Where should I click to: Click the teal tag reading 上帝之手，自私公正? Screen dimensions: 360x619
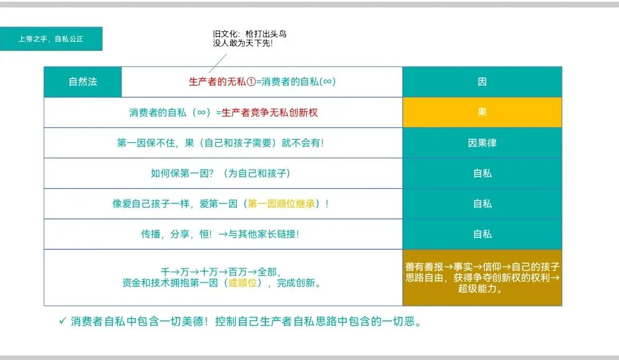[51, 39]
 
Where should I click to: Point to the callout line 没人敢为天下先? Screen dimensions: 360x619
[242, 44]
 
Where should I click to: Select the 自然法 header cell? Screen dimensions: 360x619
[83, 81]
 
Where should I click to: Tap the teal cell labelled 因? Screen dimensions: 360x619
[482, 81]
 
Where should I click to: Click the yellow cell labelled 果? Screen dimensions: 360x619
[482, 112]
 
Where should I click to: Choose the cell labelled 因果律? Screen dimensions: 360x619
[482, 143]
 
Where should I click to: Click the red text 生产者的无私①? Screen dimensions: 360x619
[222, 81]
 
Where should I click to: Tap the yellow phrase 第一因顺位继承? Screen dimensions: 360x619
[281, 204]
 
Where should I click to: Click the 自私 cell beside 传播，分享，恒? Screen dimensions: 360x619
[482, 234]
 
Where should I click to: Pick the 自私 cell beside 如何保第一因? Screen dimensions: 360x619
[482, 173]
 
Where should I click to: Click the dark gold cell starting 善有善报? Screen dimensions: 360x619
[482, 277]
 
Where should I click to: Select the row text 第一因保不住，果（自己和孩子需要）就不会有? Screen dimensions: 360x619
[220, 143]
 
